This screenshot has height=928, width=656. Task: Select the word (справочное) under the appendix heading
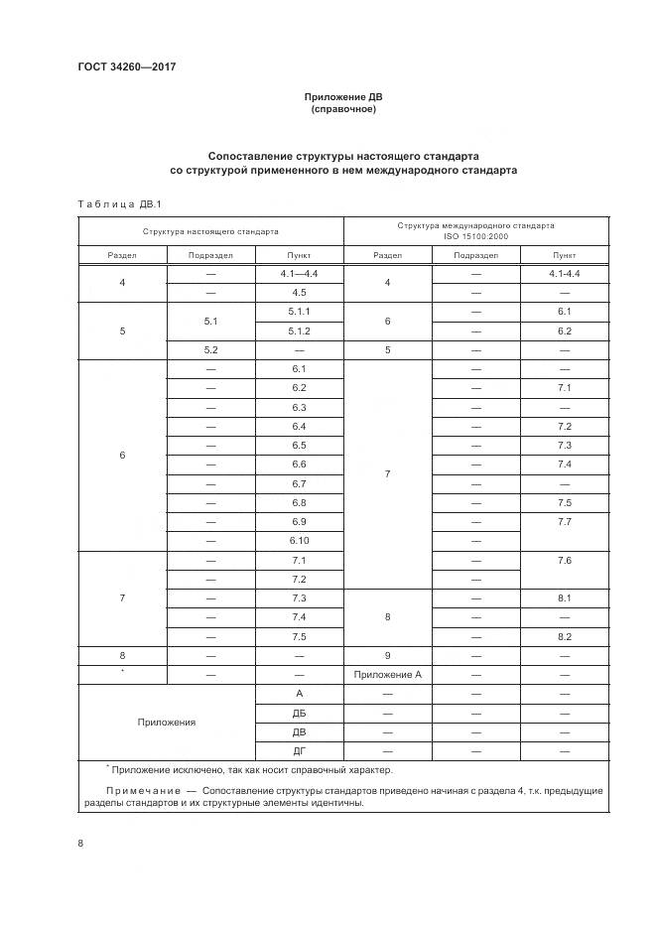click(342, 109)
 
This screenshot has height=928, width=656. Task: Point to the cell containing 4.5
click(299, 293)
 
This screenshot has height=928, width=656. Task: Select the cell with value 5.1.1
click(299, 312)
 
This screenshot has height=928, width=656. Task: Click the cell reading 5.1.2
click(299, 331)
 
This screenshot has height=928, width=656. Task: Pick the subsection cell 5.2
click(210, 349)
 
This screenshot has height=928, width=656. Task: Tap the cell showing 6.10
click(299, 540)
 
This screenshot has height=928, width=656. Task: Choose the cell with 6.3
click(299, 407)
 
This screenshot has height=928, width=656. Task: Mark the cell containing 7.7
click(565, 521)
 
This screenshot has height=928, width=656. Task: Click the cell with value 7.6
click(565, 560)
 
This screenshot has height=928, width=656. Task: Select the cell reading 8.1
click(565, 597)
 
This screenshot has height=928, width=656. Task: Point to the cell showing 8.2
click(565, 636)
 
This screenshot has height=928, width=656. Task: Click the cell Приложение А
click(387, 674)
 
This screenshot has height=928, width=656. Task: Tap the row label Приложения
click(166, 722)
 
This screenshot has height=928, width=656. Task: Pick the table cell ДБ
click(299, 713)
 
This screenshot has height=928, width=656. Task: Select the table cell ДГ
click(299, 750)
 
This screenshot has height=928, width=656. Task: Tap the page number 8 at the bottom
click(80, 843)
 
